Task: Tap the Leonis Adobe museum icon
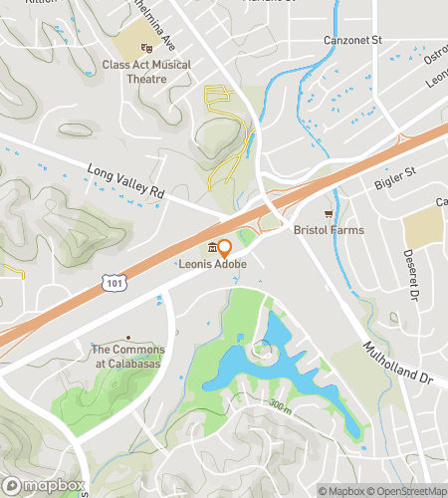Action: pyautogui.click(x=211, y=248)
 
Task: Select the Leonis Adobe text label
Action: pyautogui.click(x=212, y=264)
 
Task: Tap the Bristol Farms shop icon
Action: pyautogui.click(x=328, y=214)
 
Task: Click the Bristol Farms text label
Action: pyautogui.click(x=328, y=230)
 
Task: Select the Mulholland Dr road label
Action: pyautogui.click(x=397, y=365)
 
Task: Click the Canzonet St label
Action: pyautogui.click(x=353, y=41)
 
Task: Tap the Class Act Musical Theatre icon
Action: pyautogui.click(x=146, y=47)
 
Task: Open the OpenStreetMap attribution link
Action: pyautogui.click(x=407, y=490)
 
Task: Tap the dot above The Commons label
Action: pyautogui.click(x=127, y=338)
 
